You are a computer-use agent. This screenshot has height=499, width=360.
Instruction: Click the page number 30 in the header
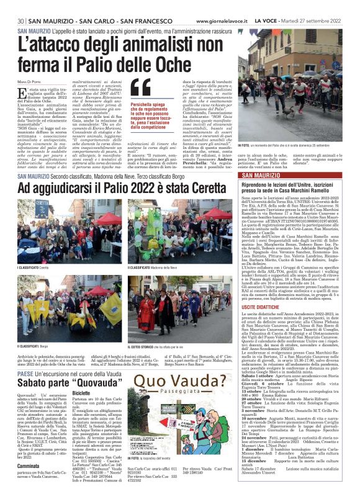click(21, 21)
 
